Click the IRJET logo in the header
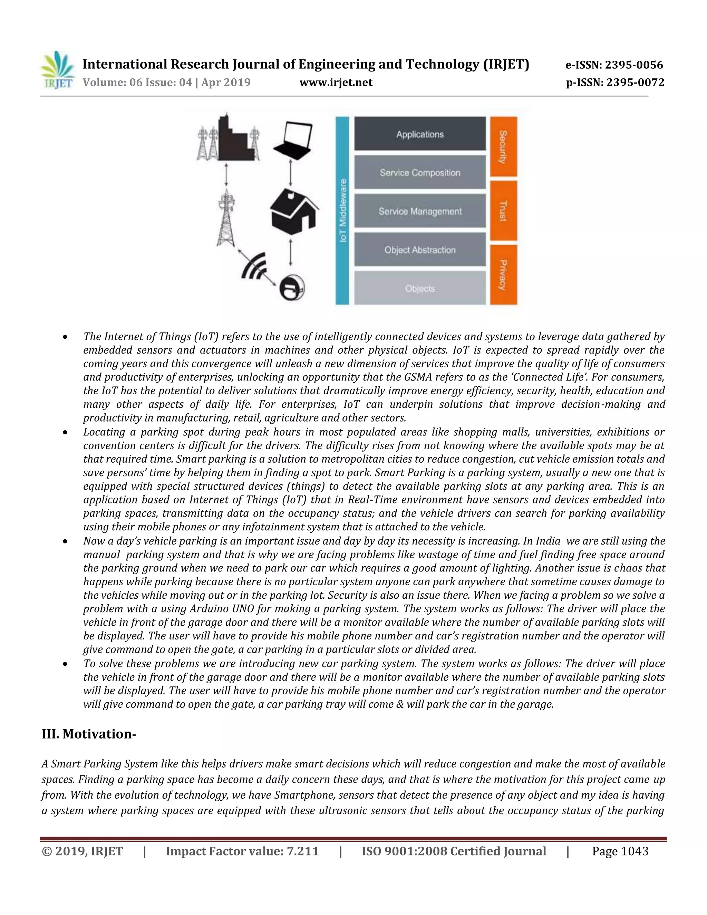click(x=57, y=70)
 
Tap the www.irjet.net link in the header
click(x=336, y=83)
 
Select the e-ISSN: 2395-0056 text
click(x=614, y=65)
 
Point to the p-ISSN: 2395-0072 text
click(x=615, y=83)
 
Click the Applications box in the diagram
click(x=420, y=134)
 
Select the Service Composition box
click(x=420, y=173)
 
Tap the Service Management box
click(x=420, y=211)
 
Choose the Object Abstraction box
click(x=420, y=250)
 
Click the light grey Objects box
click(x=420, y=288)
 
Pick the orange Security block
click(x=503, y=147)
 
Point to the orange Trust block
click(x=503, y=211)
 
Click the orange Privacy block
click(x=503, y=275)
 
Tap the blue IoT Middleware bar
click(x=342, y=211)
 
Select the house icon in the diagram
click(x=293, y=213)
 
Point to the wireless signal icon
click(x=254, y=266)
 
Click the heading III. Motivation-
click(x=89, y=734)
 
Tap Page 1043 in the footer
click(x=620, y=852)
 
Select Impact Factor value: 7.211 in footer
click(x=242, y=852)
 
